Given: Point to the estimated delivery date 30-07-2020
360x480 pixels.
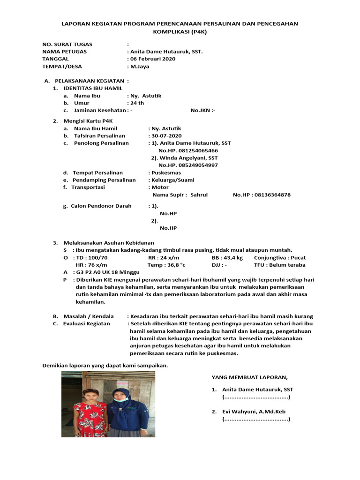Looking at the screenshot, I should pyautogui.click(x=166, y=135).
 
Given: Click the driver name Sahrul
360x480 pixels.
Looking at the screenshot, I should pyautogui.click(x=199, y=195).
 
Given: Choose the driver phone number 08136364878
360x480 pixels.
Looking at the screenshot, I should pyautogui.click(x=272, y=195).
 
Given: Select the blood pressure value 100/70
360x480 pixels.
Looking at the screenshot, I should pyautogui.click(x=98, y=257).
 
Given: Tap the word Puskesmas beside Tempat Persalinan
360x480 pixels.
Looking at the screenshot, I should pyautogui.click(x=165, y=172).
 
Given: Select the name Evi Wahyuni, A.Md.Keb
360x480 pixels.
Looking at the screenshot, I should pyautogui.click(x=254, y=412).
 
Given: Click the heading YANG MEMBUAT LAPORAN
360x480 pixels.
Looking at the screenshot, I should pyautogui.click(x=249, y=376).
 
